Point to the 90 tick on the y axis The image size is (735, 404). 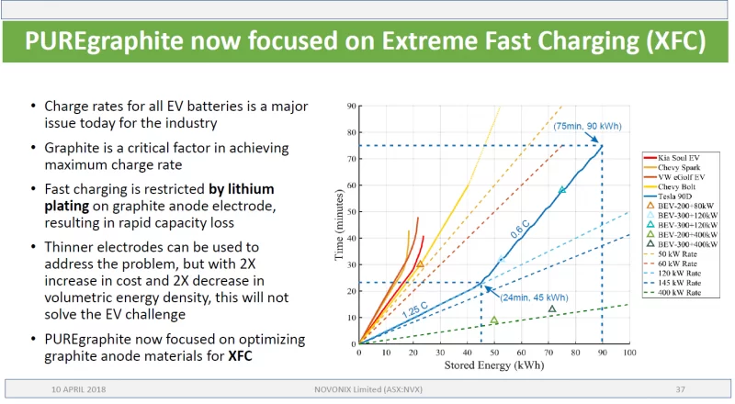tap(351, 107)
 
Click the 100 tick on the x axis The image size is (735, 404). tap(628, 353)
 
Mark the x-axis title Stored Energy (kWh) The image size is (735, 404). tap(494, 365)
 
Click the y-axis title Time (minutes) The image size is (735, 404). tap(339, 225)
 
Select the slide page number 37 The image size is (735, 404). tap(681, 389)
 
